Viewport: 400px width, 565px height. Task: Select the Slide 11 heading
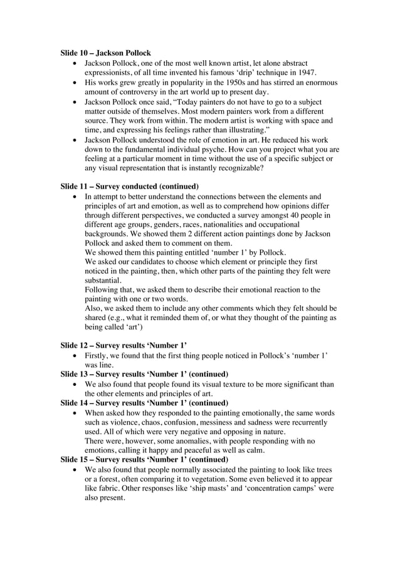(130, 186)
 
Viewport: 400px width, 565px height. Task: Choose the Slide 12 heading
(124, 345)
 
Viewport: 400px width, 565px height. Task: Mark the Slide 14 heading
(144, 403)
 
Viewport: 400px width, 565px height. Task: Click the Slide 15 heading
(144, 460)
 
